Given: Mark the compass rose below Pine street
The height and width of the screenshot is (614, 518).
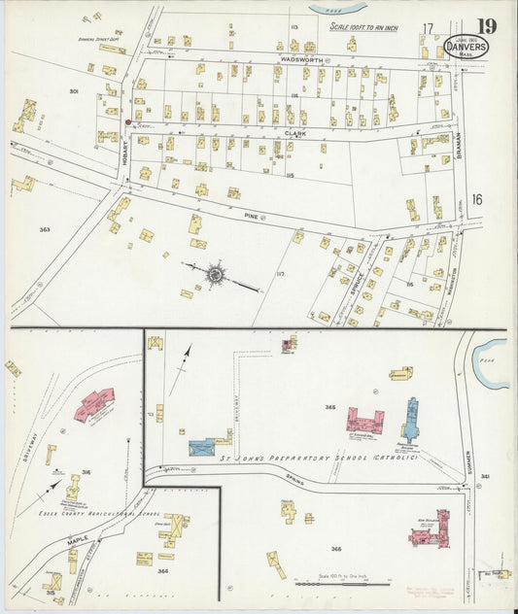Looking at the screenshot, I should [x=214, y=275].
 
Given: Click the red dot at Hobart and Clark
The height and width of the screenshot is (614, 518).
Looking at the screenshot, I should [x=127, y=122].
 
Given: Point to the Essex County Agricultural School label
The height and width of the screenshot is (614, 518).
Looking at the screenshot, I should [x=96, y=512].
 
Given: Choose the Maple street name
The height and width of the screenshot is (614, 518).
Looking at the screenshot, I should [x=79, y=540].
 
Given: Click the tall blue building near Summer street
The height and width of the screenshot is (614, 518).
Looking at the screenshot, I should [x=411, y=421].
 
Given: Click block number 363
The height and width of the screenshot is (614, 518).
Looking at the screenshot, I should [x=44, y=229].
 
